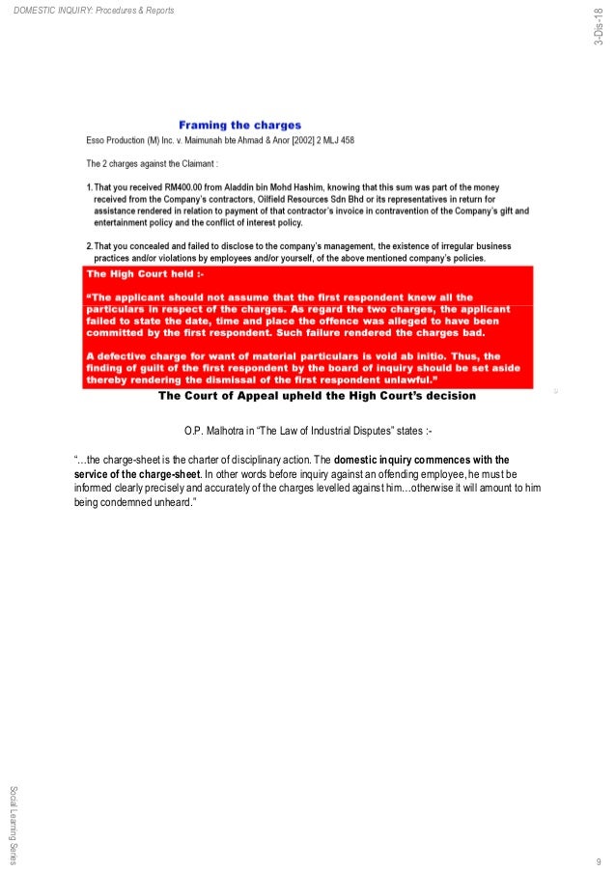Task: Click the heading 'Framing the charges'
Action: (239, 126)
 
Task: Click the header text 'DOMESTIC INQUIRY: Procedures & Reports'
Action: (96, 11)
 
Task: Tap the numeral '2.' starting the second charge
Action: (89, 246)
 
